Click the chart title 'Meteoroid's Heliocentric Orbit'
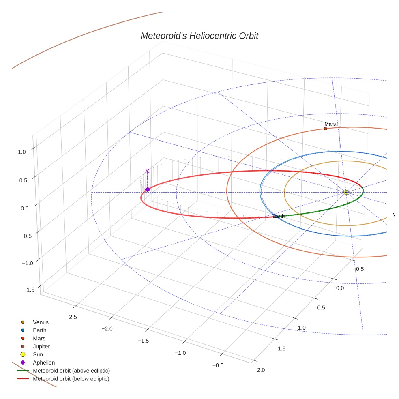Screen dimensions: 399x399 (199, 36)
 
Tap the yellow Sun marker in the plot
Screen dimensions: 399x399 (345, 192)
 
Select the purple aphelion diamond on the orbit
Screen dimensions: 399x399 (148, 189)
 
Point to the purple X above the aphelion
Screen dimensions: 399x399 (147, 171)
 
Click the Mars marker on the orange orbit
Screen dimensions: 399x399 (325, 129)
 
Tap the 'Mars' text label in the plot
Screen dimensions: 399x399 (330, 124)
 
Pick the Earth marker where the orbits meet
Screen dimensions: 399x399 (276, 217)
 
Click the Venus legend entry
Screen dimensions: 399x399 (41, 322)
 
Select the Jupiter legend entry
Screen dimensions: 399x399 (41, 346)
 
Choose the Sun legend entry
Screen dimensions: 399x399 (38, 354)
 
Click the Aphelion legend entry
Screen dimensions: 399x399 (44, 363)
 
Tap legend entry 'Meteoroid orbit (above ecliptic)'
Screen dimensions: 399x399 (71, 371)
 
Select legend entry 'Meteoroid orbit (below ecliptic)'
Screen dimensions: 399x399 (71, 379)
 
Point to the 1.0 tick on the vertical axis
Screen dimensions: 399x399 (22, 152)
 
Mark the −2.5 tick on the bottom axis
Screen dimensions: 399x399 (71, 316)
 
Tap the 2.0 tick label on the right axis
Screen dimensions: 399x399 (261, 370)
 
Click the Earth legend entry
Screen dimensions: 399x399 (40, 330)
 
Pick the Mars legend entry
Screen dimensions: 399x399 (39, 338)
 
